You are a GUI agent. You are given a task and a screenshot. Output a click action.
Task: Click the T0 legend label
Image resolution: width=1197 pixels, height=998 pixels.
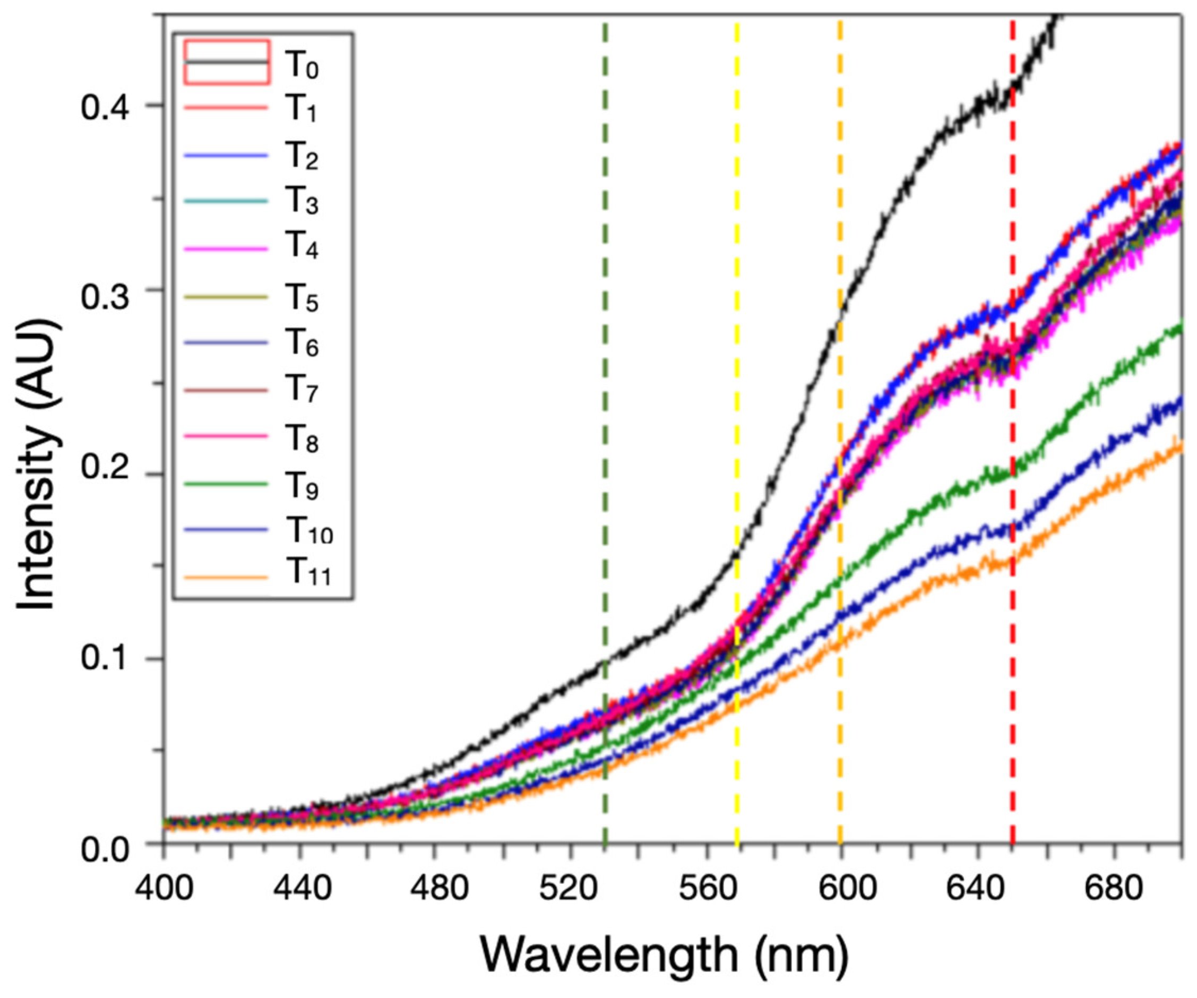(x=302, y=65)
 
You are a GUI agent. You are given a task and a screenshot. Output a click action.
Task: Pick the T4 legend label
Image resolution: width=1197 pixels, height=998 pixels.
(x=302, y=247)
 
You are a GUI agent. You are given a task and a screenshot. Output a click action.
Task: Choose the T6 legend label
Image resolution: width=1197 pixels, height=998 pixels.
(x=302, y=343)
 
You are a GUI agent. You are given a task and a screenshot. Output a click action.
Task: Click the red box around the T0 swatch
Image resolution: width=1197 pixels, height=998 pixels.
(x=226, y=62)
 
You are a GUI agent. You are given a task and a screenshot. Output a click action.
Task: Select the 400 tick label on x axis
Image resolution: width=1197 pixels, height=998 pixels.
(x=164, y=888)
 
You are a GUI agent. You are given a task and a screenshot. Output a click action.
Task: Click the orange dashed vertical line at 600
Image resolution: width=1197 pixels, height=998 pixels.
(x=840, y=171)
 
